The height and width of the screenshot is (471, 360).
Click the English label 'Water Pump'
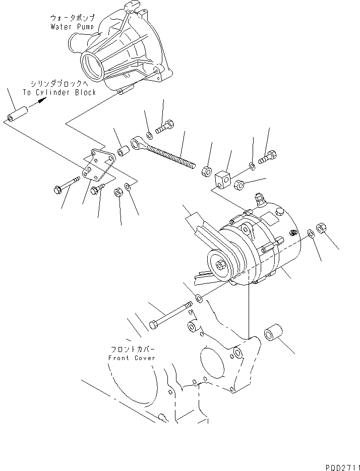[x=72, y=26]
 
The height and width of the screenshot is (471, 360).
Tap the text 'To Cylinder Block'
[x=59, y=92]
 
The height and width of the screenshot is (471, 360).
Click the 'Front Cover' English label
[x=132, y=358]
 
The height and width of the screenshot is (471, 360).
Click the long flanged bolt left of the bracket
[x=66, y=185]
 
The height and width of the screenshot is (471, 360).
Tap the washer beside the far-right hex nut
[x=310, y=233]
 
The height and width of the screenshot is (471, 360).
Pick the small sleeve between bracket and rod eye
[x=122, y=151]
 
